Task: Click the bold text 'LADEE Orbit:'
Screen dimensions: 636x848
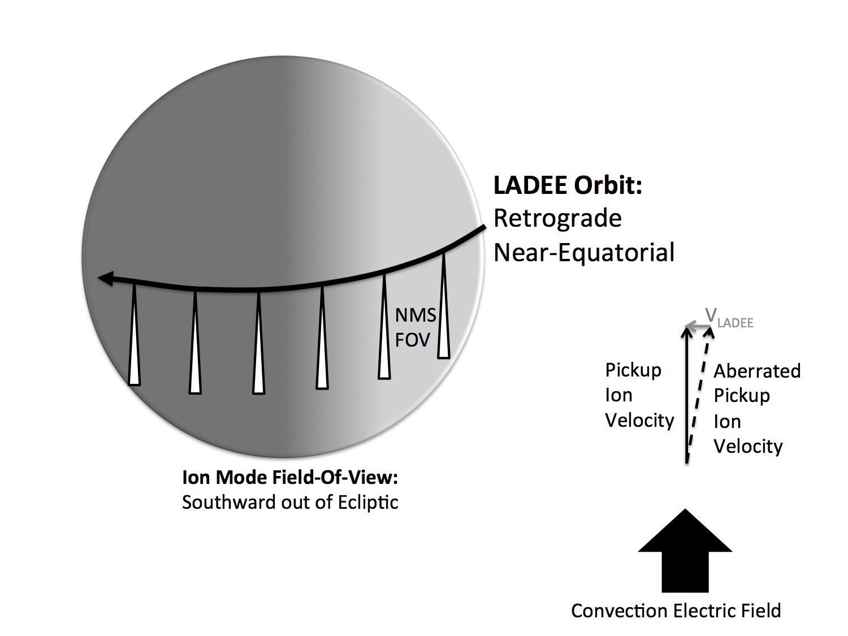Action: pos(568,186)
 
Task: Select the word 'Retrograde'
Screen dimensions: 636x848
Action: pos(557,219)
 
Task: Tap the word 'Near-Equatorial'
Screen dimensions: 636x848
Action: pos(584,252)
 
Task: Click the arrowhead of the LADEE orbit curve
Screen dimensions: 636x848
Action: pos(105,278)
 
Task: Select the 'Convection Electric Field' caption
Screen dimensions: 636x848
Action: pos(676,611)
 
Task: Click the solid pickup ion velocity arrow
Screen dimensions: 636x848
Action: pos(687,396)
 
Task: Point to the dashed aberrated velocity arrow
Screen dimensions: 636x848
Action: pos(699,396)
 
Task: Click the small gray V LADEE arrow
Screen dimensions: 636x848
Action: pos(699,326)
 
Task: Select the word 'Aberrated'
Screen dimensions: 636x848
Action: pos(757,371)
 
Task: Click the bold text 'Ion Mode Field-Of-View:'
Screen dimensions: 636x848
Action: pos(290,478)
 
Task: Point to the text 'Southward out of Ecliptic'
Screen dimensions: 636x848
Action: pos(290,503)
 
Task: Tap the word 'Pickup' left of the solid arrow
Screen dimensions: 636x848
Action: pos(633,370)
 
